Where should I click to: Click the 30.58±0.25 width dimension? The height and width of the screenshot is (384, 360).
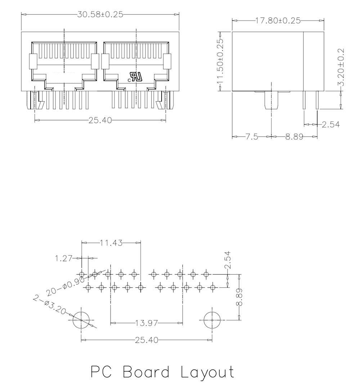[x=100, y=14]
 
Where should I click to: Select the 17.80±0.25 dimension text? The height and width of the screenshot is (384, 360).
[x=278, y=20]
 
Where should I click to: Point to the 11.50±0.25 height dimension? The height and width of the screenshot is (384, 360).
[x=220, y=61]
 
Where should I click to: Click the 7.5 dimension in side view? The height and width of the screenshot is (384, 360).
[x=252, y=136]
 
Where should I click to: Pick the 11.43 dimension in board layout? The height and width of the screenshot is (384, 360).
[x=111, y=243]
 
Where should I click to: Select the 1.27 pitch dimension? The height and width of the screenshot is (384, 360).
[x=64, y=258]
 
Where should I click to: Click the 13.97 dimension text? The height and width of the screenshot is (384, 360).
[x=147, y=323]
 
